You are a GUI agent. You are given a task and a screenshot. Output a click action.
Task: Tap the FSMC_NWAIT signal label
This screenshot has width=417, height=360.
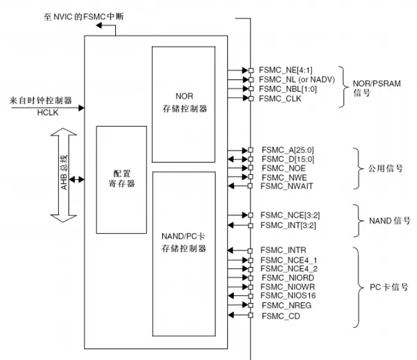[x=286, y=186]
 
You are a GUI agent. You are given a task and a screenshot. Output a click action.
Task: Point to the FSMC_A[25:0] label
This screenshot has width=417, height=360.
[x=285, y=149]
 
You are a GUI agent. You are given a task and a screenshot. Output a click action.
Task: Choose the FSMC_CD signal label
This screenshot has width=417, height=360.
[x=280, y=316]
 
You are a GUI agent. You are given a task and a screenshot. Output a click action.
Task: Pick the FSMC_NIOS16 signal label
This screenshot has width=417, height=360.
[x=288, y=297]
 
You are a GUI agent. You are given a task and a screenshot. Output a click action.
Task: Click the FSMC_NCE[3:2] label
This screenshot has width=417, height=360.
[x=287, y=215]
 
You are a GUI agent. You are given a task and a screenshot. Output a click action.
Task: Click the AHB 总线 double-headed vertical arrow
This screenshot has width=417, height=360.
[x=65, y=175]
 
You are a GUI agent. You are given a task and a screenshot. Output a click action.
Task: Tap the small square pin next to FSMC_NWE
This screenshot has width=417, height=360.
[x=251, y=177]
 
